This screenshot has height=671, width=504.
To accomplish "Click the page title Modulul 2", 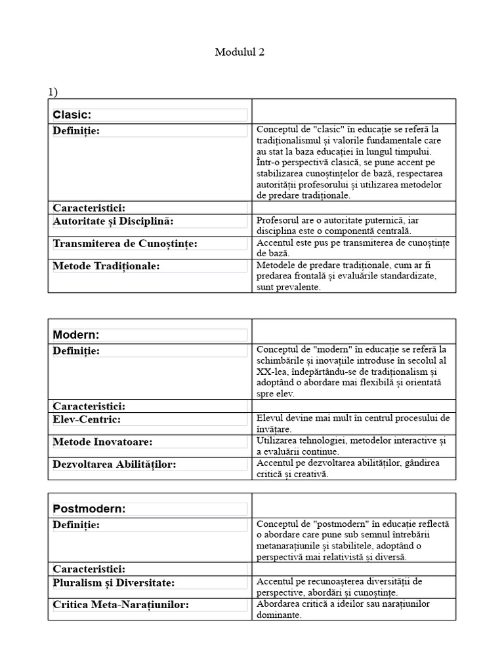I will pyautogui.click(x=240, y=52).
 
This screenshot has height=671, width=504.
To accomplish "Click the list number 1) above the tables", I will pyautogui.click(x=53, y=92).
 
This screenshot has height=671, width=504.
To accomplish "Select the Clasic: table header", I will pyautogui.click(x=72, y=115).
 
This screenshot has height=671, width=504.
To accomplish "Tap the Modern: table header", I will pyautogui.click(x=76, y=335).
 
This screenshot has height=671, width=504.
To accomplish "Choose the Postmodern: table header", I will pyautogui.click(x=89, y=508).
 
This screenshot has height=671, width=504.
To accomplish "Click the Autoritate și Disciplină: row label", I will pyautogui.click(x=113, y=221).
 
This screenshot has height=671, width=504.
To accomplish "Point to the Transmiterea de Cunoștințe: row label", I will pyautogui.click(x=125, y=244).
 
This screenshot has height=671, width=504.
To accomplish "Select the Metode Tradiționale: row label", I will pyautogui.click(x=106, y=266).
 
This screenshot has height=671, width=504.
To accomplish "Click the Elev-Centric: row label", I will pyautogui.click(x=87, y=419).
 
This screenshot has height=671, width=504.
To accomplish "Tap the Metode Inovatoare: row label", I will pyautogui.click(x=102, y=442).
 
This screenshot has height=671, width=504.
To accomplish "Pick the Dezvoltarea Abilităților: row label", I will pyautogui.click(x=114, y=465).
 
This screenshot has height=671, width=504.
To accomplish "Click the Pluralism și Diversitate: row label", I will pyautogui.click(x=114, y=583).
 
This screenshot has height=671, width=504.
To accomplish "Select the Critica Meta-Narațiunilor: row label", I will pyautogui.click(x=121, y=605).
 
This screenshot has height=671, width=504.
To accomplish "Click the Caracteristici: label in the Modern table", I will pyautogui.click(x=89, y=406).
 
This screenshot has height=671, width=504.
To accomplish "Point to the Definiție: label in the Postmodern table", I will pyautogui.click(x=76, y=525).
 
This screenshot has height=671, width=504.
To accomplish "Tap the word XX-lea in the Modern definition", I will pyautogui.click(x=272, y=372).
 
